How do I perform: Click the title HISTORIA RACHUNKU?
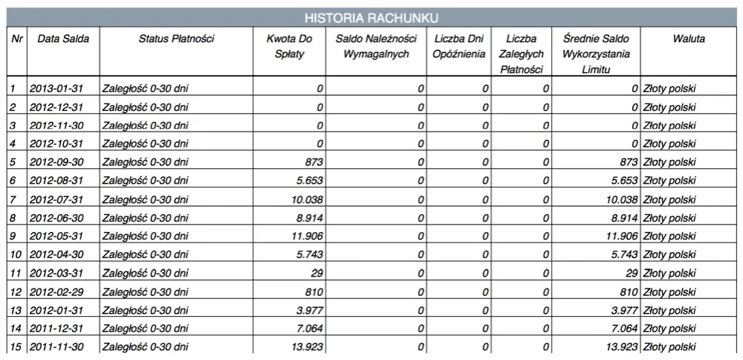pyautogui.click(x=371, y=17)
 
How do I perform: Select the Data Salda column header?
pyautogui.click(x=63, y=39)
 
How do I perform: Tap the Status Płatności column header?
pyautogui.click(x=176, y=39)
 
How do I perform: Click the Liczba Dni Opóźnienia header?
pyautogui.click(x=458, y=46)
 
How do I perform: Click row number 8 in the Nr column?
pyautogui.click(x=13, y=219)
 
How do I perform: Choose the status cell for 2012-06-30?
pyautogui.click(x=145, y=219)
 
